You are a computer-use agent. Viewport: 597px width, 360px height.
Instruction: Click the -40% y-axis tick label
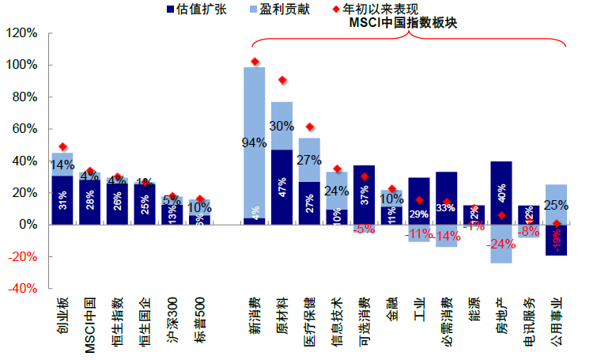21,289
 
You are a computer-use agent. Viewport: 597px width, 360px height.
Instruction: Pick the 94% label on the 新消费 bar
254,143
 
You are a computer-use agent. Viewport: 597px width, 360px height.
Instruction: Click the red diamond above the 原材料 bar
282,80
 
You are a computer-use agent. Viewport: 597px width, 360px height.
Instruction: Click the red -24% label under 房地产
501,244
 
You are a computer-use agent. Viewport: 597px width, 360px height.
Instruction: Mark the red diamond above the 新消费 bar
255,62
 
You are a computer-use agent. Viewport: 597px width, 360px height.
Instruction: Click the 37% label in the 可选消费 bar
364,195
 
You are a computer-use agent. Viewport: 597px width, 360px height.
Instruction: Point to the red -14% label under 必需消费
447,236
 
